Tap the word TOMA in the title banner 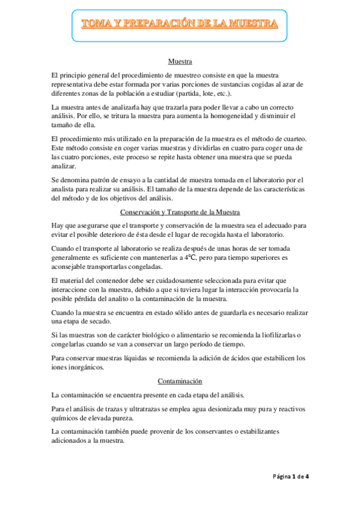coord(95,24)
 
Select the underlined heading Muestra coord(180,61)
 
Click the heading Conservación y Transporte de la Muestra coord(180,212)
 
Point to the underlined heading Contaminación coord(180,381)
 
